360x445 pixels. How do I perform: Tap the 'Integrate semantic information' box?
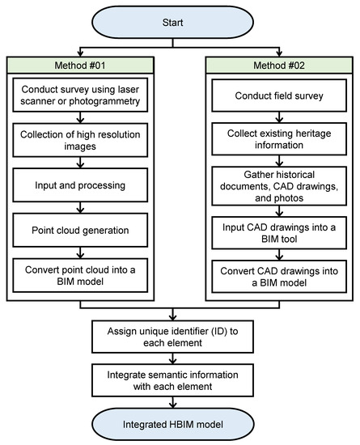point(180,382)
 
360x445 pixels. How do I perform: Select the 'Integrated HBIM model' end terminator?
point(180,426)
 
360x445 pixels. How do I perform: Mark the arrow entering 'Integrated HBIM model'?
point(180,404)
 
